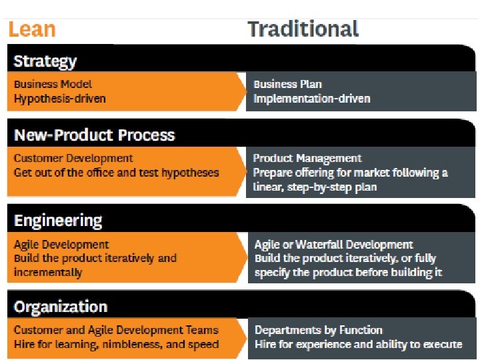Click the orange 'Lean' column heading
pos(31,29)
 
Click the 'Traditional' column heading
pos(303,29)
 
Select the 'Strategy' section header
pos(45,61)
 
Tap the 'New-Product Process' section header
pos(94,135)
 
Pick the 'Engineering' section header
pos(58,221)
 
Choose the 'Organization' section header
pos(61,307)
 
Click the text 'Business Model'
pos(53,85)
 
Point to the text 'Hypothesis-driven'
pos(60,99)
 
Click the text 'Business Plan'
pos(287,85)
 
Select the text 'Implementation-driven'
pos(311,99)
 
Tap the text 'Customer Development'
pos(73,159)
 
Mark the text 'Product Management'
pos(307,159)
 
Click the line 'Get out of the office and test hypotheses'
pos(116,173)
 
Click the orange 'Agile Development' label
pos(61,245)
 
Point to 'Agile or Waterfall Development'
pos(333,245)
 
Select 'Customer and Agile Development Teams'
pos(116,330)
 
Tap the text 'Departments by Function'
pos(319,330)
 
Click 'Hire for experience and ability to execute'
pos(358,345)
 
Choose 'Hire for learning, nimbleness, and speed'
pos(116,345)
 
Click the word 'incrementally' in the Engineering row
pos(48,273)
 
